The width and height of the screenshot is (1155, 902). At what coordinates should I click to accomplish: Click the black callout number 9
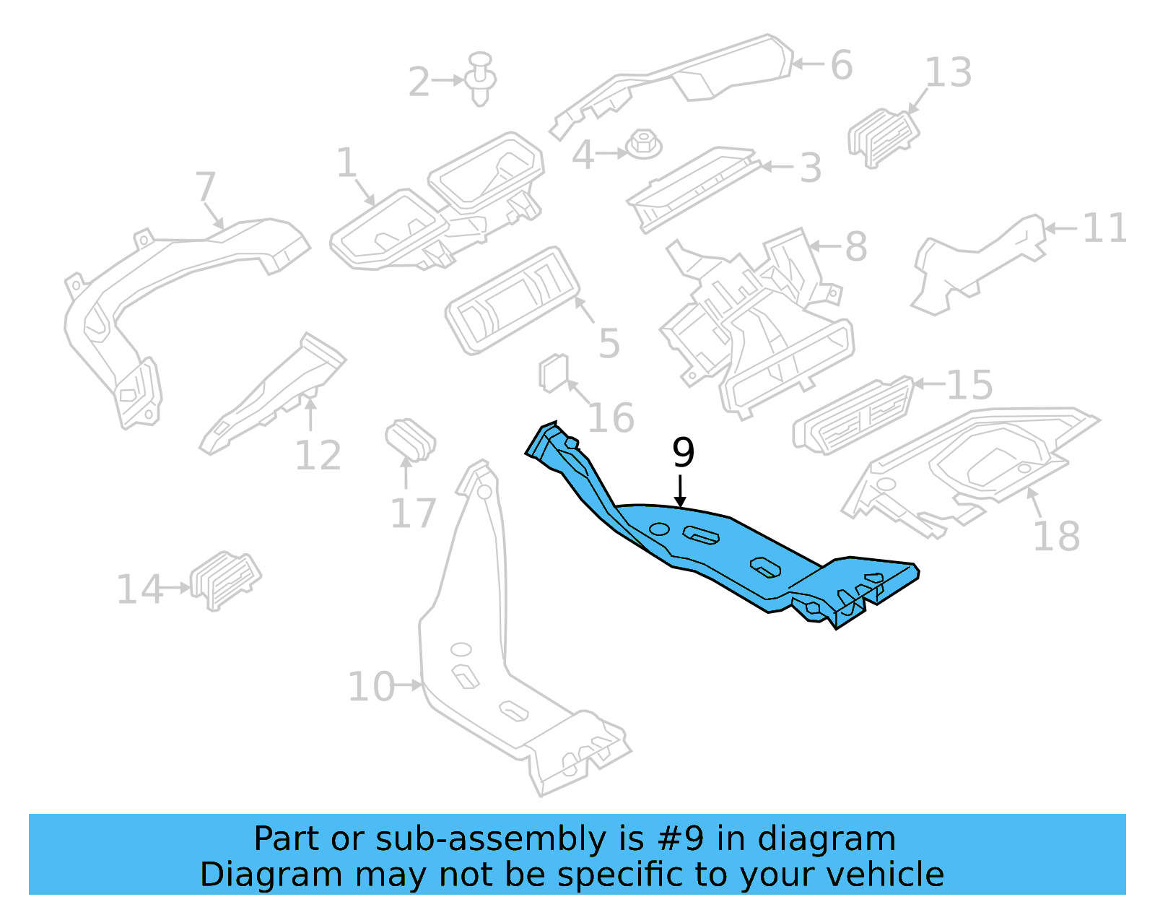point(683,453)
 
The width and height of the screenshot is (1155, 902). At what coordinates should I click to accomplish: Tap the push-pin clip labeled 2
point(481,79)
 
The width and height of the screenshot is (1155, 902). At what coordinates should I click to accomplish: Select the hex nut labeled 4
point(643,144)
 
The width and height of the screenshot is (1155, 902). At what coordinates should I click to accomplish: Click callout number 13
point(948,73)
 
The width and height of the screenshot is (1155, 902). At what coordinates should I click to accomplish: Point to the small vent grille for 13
point(883,137)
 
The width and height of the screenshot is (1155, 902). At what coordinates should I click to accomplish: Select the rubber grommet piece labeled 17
point(410,438)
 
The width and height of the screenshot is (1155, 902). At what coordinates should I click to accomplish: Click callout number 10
point(371,686)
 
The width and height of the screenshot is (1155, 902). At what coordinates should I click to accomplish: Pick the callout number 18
point(1056,537)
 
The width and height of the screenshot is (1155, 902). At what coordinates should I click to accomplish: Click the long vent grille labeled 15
point(854,417)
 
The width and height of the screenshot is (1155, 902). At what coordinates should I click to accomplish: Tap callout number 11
point(1104,229)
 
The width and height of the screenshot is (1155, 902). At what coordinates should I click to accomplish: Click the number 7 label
point(206,186)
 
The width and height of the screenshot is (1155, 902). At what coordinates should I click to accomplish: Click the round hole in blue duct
point(658,529)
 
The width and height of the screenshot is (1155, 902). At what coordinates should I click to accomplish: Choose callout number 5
point(609,344)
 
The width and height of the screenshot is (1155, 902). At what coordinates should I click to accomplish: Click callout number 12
point(318,456)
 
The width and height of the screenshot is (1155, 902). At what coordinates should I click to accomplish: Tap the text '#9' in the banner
point(680,839)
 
